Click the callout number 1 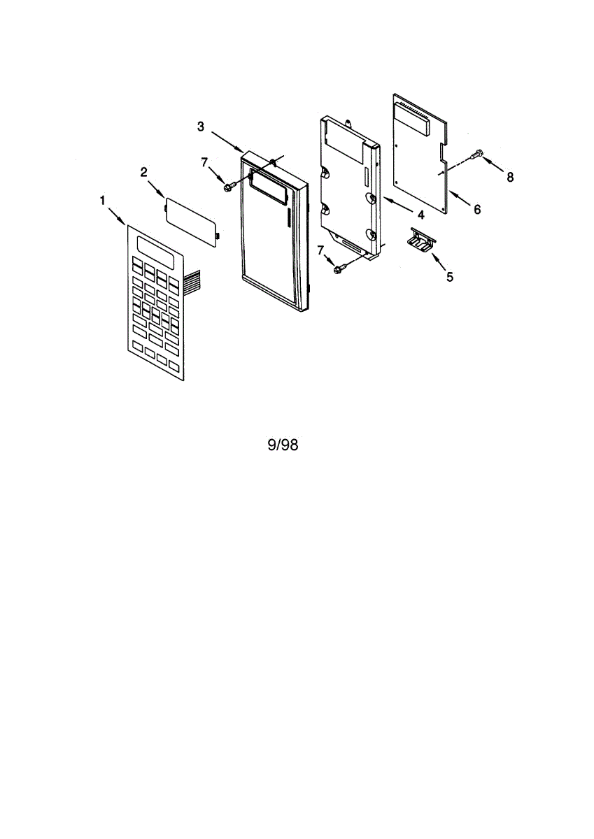coord(103,201)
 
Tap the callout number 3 coord(201,127)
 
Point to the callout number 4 coord(421,214)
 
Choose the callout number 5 coord(449,277)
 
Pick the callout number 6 coord(477,209)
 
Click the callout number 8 coord(510,178)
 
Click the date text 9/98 coord(283,445)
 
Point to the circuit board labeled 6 coord(418,155)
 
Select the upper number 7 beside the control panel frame coord(204,162)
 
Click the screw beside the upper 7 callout coord(229,186)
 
